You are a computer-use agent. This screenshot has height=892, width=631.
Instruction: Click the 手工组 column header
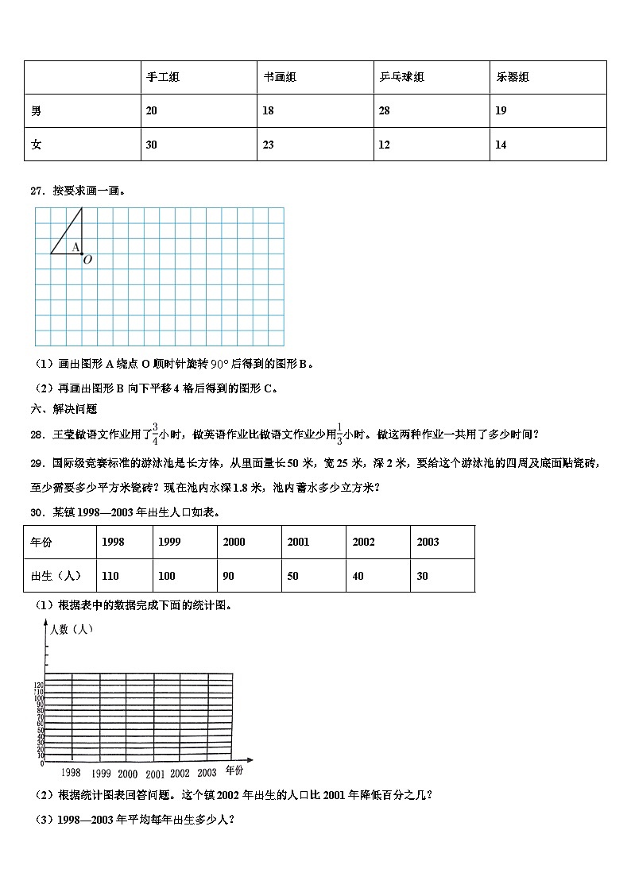(x=163, y=77)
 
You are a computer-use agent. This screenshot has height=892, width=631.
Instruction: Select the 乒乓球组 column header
(x=401, y=77)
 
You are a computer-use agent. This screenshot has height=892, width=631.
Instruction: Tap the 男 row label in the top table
(x=37, y=110)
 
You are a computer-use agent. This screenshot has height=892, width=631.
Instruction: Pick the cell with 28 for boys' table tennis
(x=384, y=110)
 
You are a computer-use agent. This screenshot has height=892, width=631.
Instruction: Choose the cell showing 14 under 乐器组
(x=501, y=145)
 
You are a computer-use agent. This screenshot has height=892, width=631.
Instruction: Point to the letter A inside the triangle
(x=75, y=247)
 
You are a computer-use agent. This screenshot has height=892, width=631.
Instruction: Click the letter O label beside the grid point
(x=87, y=259)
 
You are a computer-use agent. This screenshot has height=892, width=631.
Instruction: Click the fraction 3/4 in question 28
(x=156, y=433)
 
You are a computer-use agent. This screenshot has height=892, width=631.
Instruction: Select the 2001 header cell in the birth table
(x=298, y=542)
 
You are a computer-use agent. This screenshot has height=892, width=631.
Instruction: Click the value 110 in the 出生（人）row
(x=112, y=576)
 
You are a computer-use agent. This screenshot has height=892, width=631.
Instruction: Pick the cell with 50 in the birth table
(x=293, y=576)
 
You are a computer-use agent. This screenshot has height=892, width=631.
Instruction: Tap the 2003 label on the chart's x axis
(x=207, y=772)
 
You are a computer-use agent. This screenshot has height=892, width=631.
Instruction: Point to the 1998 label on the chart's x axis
(x=71, y=772)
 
